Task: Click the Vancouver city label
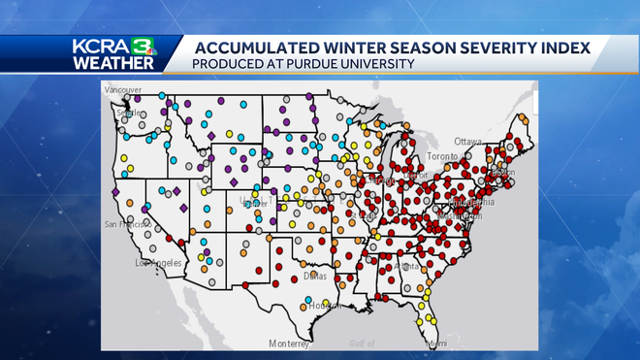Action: (123, 89)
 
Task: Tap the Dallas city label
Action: (313, 276)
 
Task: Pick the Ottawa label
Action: (468, 140)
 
